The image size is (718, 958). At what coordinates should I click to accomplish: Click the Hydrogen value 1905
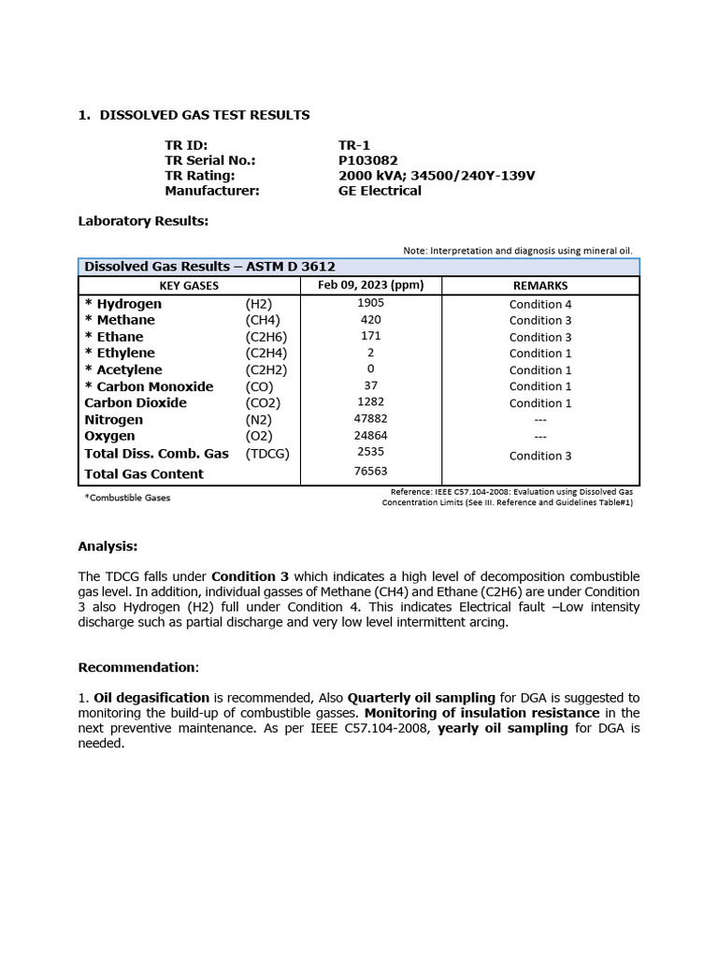(x=370, y=303)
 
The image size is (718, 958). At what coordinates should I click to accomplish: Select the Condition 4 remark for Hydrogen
(x=540, y=304)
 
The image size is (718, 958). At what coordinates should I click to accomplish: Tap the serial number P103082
(x=367, y=160)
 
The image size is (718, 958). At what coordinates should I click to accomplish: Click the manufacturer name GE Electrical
(x=380, y=190)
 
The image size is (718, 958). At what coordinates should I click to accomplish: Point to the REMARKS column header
(x=540, y=285)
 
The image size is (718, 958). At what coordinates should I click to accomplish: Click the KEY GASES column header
(x=189, y=285)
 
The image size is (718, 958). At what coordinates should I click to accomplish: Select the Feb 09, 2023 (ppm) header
(x=370, y=285)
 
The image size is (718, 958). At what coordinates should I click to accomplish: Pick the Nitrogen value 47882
(x=370, y=419)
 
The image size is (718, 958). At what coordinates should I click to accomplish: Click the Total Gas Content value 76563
(x=370, y=472)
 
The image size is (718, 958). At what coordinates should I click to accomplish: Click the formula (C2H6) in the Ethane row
(x=266, y=337)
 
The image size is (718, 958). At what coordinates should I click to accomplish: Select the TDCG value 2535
(x=370, y=452)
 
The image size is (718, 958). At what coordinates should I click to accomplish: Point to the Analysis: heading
(x=108, y=545)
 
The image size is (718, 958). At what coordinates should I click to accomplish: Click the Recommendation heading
(x=137, y=667)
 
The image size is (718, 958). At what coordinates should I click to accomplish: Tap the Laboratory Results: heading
(x=143, y=221)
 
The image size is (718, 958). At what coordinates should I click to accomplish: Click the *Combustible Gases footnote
(x=127, y=498)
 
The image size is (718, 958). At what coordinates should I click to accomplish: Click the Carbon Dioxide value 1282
(x=370, y=402)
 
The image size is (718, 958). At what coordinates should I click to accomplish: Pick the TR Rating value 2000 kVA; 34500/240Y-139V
(x=436, y=175)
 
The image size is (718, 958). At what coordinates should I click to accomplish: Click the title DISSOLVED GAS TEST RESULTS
(x=204, y=115)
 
